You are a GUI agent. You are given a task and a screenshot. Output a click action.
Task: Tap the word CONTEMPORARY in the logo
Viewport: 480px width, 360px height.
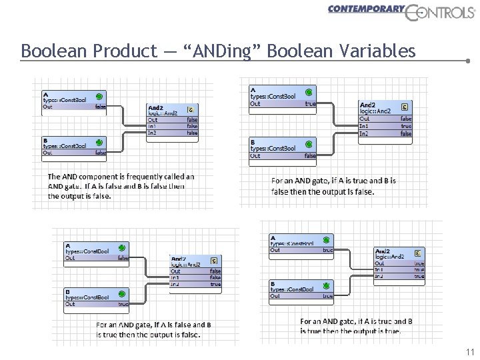tap(366, 9)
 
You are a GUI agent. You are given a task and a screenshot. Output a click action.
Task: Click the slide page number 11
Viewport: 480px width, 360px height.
tap(469, 352)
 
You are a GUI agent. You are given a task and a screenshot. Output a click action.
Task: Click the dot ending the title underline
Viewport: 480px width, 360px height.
tap(468, 60)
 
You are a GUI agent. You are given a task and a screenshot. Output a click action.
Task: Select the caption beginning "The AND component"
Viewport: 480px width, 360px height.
tap(120, 186)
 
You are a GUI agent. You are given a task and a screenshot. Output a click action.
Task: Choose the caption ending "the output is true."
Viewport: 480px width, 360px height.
tap(356, 326)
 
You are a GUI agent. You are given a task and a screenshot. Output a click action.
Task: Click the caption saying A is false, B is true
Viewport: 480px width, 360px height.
tap(153, 329)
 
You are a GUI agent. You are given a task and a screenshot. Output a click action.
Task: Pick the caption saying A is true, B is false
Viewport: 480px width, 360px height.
tap(333, 186)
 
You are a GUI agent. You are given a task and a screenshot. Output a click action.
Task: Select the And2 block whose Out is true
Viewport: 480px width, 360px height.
tap(399, 264)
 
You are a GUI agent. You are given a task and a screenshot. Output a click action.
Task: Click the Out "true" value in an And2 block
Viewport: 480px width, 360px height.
tap(419, 263)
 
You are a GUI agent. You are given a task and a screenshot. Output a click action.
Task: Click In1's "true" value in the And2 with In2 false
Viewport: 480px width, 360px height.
tap(406, 125)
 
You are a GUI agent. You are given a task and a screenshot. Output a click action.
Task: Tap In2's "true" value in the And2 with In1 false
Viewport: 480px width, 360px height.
tap(215, 285)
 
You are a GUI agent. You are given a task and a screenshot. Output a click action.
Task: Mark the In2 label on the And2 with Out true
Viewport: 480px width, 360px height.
tap(379, 276)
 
